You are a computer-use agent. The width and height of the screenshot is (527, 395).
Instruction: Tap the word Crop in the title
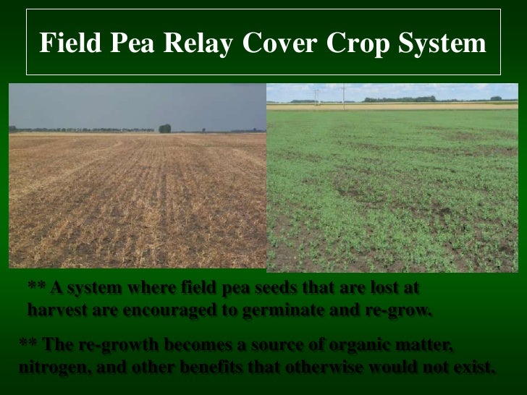tap(353, 45)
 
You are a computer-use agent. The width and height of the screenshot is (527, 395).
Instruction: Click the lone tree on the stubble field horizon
tap(165, 128)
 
